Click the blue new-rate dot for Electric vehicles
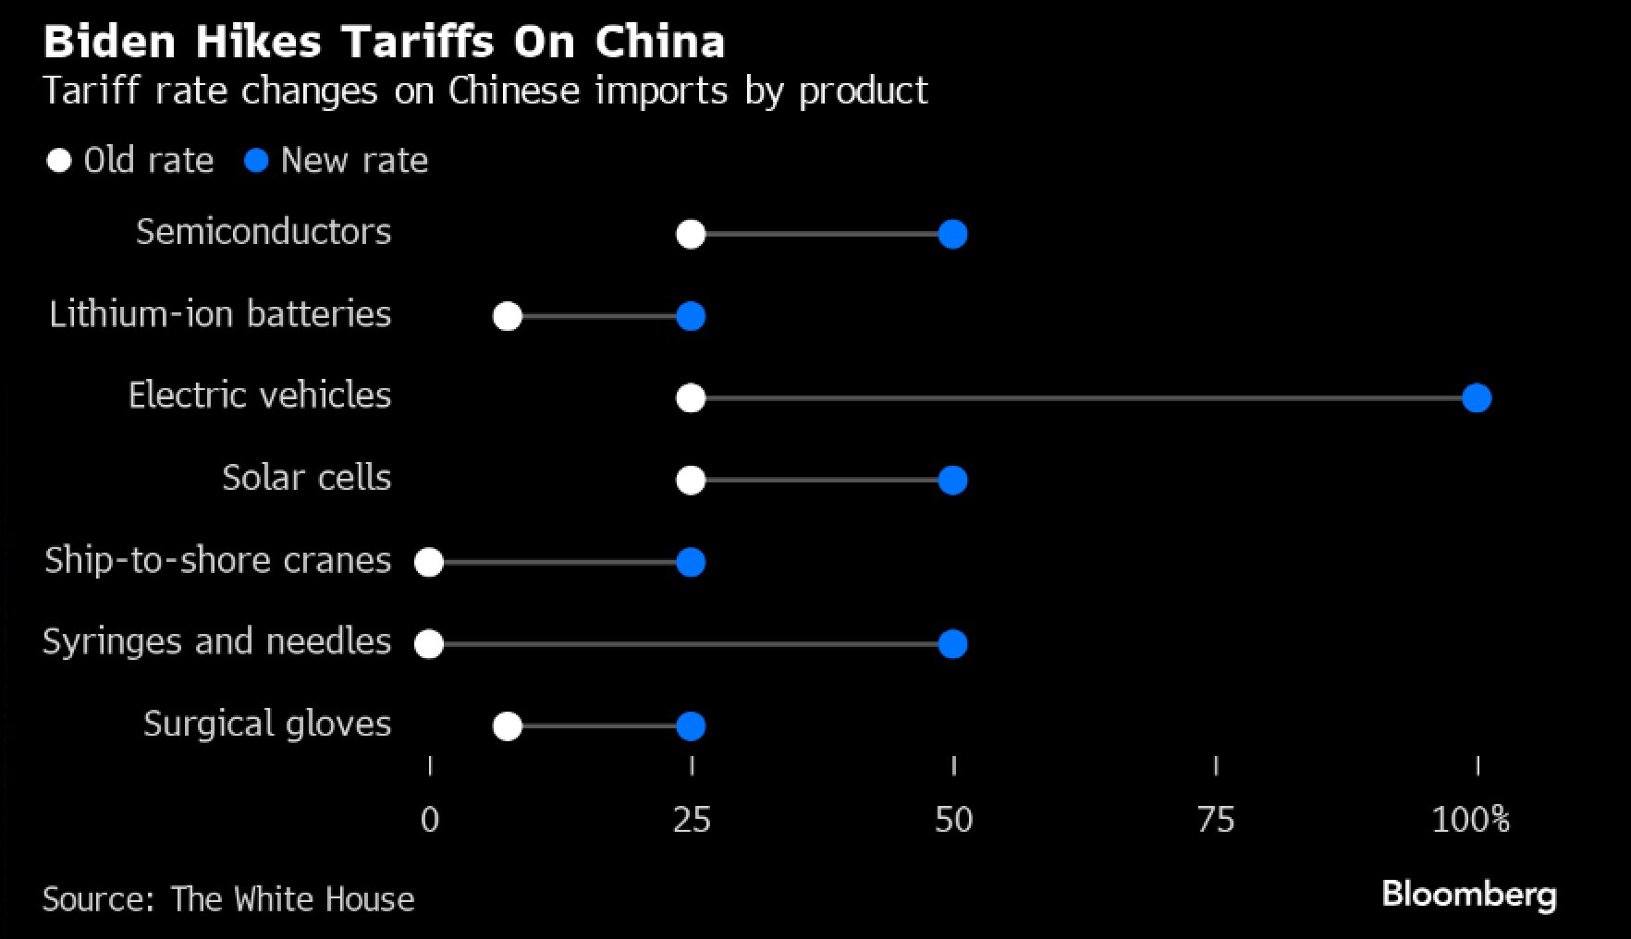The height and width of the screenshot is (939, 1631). point(1477,398)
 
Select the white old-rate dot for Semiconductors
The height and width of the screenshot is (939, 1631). point(691,235)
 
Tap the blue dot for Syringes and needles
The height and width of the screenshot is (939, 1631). point(952,644)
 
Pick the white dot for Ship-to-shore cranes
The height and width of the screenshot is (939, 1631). point(429,562)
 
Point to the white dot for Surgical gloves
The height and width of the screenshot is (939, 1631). point(508,726)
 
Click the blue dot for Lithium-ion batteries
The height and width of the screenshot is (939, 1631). point(691,317)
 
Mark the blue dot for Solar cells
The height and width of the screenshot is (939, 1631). point(952,481)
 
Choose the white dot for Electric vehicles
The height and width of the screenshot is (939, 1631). point(691,398)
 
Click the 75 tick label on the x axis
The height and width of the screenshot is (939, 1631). point(1215,820)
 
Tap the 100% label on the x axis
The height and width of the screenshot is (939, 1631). point(1470,820)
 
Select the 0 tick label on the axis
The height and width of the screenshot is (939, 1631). point(430,820)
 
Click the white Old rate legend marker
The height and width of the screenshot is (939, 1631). point(59,161)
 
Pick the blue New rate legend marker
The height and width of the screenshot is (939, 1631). point(256,161)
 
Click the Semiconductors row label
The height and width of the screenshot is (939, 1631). point(264,232)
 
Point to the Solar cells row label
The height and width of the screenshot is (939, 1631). point(306,478)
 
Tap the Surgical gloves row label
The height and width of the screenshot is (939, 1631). point(267,724)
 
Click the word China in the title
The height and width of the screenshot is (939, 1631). point(659,42)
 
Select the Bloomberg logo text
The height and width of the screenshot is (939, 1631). point(1469,895)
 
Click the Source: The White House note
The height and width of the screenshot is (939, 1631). point(228,899)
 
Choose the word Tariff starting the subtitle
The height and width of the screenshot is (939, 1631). point(91,91)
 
